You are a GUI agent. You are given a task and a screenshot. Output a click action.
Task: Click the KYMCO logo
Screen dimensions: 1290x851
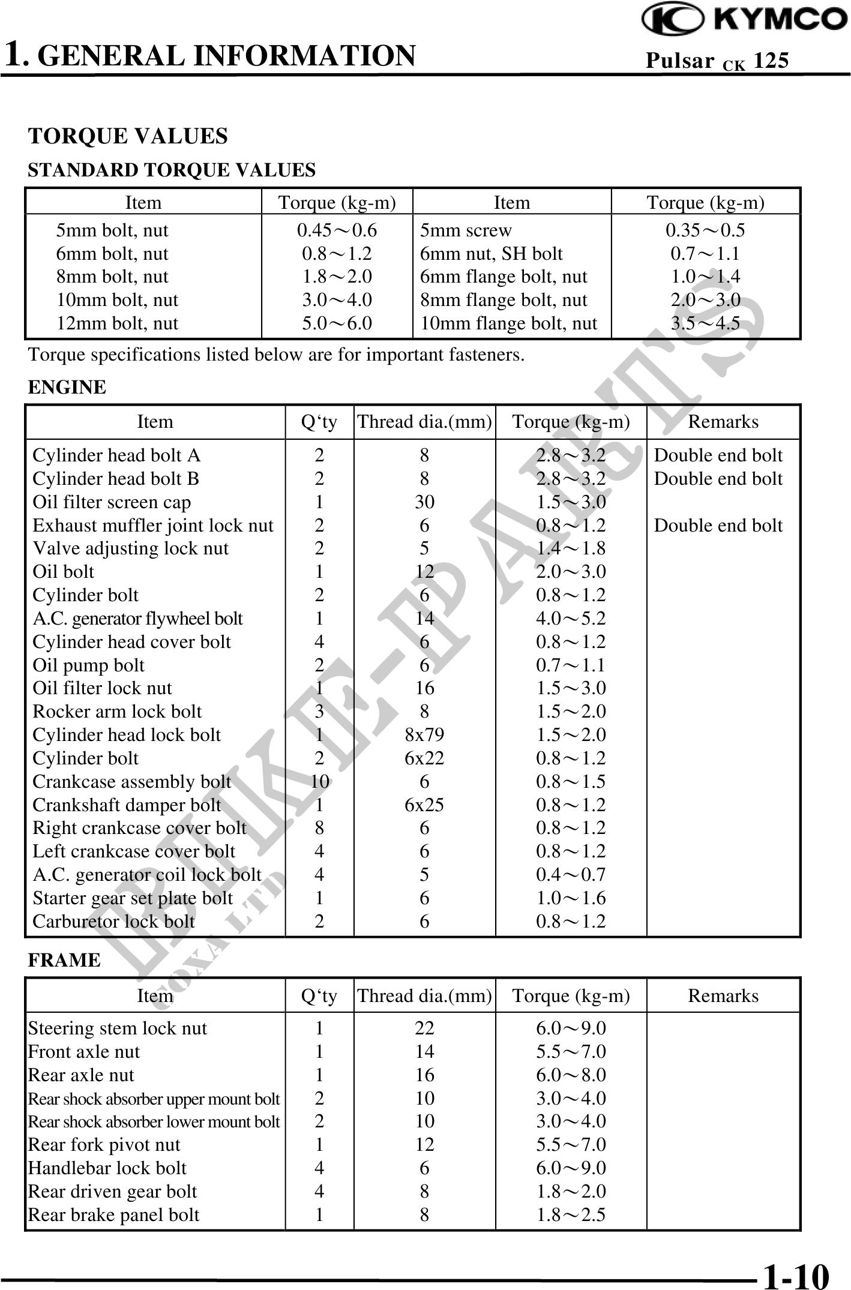coord(745,20)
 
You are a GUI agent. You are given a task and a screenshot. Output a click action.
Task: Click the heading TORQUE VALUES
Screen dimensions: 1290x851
coord(128,136)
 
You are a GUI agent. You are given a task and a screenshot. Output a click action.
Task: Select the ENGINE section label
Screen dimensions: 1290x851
coord(67,388)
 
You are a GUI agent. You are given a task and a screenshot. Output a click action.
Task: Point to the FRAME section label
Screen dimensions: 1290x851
coord(64,961)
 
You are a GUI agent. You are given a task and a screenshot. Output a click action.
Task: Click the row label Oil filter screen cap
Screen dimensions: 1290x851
coord(112,502)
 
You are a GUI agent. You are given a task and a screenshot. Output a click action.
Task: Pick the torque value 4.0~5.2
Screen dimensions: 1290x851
coord(571,619)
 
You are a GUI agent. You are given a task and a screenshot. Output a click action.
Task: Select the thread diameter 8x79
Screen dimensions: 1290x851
coord(424,735)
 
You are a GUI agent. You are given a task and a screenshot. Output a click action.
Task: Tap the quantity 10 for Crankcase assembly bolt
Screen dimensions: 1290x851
coord(319,782)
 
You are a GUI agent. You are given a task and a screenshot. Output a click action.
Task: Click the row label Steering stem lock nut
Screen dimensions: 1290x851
coord(118,1028)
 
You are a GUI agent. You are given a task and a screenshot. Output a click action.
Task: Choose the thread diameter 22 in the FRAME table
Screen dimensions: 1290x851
coord(424,1028)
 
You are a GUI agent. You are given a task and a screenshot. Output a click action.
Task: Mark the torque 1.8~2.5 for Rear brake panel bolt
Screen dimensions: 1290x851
coord(571,1215)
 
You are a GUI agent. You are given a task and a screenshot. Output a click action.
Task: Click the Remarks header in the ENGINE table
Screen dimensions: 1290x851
coord(723,422)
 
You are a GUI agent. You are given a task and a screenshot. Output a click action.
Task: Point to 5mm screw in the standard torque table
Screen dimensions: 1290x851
coord(466,230)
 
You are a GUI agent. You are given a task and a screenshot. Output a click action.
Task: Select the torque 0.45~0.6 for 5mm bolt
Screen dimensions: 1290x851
coord(337,230)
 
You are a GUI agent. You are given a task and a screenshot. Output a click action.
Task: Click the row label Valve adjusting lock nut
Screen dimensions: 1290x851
coord(131,548)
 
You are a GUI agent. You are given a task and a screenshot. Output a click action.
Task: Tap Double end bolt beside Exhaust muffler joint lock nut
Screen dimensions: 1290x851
coord(718,526)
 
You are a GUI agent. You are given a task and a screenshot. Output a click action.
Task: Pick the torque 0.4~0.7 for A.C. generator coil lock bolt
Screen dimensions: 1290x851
coord(571,875)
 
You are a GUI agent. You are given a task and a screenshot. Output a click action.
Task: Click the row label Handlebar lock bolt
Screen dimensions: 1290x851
coord(107,1168)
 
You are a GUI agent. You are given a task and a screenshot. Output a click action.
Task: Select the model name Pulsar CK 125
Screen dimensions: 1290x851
coord(717,61)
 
